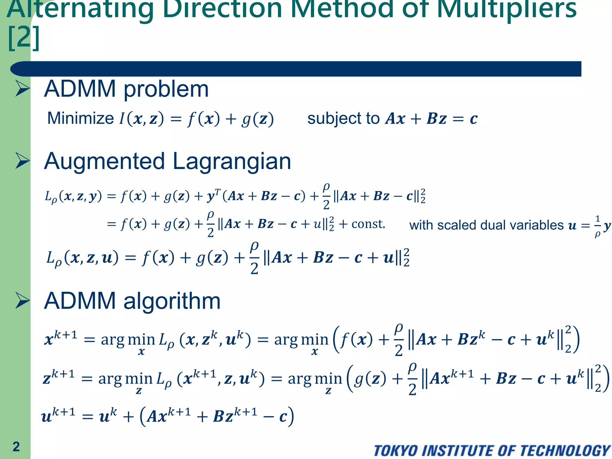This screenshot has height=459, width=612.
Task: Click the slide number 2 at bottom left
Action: tap(16, 446)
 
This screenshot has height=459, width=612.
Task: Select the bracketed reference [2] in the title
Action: tap(24, 38)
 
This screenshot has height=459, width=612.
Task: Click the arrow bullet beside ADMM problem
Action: tap(22, 89)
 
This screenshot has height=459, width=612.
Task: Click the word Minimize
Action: tap(80, 118)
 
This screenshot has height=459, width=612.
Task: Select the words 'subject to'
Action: tap(343, 118)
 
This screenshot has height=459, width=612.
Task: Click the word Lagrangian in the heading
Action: tap(232, 161)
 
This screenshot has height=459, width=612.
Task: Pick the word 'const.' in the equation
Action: tap(368, 224)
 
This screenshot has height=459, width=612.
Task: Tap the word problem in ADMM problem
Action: tap(166, 89)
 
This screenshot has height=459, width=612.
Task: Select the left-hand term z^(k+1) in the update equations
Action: tap(59, 378)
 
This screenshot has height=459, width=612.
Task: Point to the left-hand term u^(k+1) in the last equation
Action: tap(58, 416)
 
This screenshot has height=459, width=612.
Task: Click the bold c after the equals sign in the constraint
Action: tap(473, 119)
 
